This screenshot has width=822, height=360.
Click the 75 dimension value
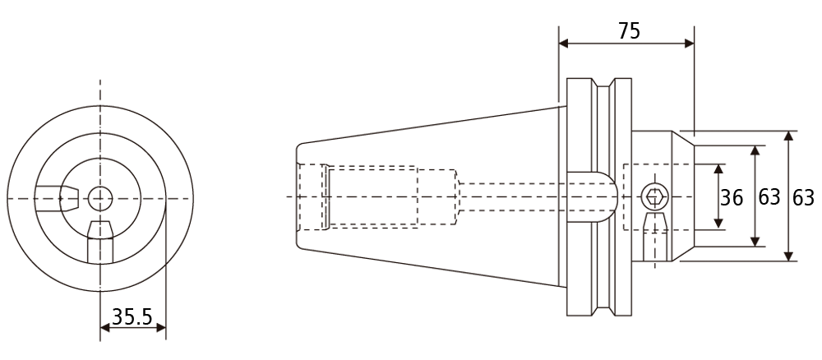click(x=629, y=31)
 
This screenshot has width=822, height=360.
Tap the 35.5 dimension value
click(x=132, y=316)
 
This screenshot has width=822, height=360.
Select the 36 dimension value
click(x=732, y=197)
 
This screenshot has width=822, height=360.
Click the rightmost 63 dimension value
click(x=802, y=197)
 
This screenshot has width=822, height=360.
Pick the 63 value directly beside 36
click(x=769, y=197)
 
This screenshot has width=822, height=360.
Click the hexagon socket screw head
click(x=654, y=197)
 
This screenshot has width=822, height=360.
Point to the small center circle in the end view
click(x=100, y=198)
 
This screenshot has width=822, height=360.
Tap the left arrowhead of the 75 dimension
click(x=564, y=44)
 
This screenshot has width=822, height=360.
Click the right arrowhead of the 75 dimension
click(x=689, y=44)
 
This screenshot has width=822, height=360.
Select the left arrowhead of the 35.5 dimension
click(x=105, y=328)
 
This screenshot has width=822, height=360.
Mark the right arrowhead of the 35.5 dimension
click(x=160, y=328)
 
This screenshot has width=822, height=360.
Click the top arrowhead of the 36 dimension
click(x=718, y=168)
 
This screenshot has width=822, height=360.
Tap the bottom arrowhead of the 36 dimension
click(x=718, y=224)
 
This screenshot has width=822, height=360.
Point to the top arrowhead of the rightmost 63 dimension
click(x=788, y=136)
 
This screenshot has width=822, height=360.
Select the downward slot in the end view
click(x=100, y=242)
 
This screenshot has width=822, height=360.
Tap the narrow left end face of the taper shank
click(x=297, y=196)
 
